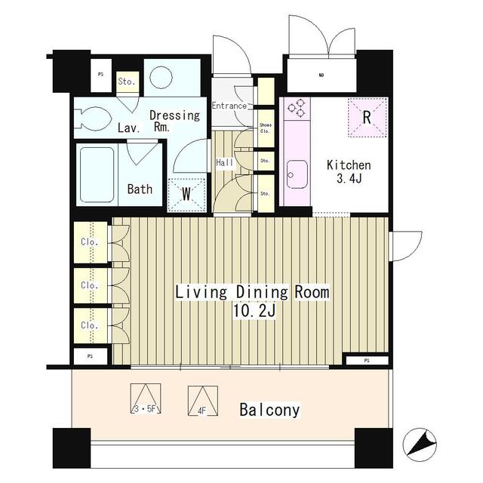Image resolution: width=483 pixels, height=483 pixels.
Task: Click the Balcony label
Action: point(269,411)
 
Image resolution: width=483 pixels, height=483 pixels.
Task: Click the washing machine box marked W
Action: point(186,193)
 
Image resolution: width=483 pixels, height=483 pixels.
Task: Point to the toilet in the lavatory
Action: point(94,118)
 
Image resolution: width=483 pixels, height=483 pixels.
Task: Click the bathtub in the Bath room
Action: point(97,174)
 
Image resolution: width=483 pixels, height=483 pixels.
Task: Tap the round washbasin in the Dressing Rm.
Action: point(161,78)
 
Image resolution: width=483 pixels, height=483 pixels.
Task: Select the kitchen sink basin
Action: point(296,174)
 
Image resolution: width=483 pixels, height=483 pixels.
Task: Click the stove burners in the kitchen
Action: point(296,109)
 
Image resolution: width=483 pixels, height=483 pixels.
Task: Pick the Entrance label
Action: point(229,106)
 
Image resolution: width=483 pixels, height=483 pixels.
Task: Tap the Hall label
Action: point(225,162)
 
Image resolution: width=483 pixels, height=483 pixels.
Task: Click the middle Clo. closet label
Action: point(89,285)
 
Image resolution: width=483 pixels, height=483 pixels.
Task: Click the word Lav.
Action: point(127,129)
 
